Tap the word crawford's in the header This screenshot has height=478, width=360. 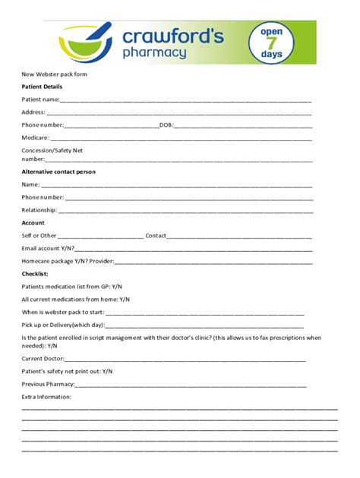(172, 36)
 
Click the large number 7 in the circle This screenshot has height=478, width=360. (271, 43)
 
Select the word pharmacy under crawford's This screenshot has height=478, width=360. (154, 53)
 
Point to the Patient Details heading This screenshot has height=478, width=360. (42, 86)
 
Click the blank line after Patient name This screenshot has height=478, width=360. (185, 99)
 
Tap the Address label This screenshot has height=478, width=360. (33, 112)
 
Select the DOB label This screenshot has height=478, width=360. (166, 124)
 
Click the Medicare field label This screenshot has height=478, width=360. (36, 137)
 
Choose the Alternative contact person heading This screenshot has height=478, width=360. (58, 171)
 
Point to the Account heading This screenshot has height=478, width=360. (33, 222)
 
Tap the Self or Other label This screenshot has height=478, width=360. (39, 235)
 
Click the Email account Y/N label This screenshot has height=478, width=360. (48, 248)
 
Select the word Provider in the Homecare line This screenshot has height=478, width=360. (102, 261)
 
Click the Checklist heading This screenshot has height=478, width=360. (35, 273)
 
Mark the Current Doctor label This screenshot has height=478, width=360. (43, 358)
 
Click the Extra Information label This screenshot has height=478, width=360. (46, 396)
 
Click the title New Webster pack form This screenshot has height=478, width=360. (54, 74)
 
